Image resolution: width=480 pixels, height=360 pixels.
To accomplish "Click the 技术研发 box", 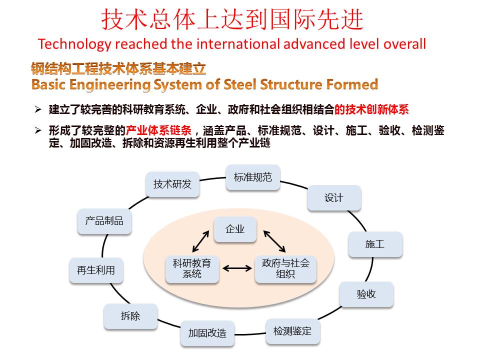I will click(172, 184).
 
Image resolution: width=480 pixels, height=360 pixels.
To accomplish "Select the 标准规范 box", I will click(253, 177).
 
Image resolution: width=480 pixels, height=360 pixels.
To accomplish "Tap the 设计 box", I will click(333, 198).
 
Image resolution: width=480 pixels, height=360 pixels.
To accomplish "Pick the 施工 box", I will click(375, 244).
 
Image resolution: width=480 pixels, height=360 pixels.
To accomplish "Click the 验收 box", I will click(366, 294).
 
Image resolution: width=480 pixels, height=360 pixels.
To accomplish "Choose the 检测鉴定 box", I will click(292, 331).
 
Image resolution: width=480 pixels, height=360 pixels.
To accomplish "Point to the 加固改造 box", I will click(207, 333).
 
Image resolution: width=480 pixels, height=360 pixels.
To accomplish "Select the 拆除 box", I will click(130, 316).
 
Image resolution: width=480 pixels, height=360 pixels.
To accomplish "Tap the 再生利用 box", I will click(96, 270).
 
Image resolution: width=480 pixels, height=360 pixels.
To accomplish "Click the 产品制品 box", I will click(104, 221).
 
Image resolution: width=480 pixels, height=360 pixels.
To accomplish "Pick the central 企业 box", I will click(235, 230).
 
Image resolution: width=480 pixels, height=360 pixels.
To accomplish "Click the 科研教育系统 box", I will click(192, 268).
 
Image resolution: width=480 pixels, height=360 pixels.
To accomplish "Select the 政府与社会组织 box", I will click(285, 268).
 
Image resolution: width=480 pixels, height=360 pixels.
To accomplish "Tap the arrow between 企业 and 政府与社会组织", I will click(274, 241).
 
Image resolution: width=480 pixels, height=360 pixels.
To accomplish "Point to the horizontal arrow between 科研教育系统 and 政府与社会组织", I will click(237, 268).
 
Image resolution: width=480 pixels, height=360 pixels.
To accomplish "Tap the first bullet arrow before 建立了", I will click(38, 109).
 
